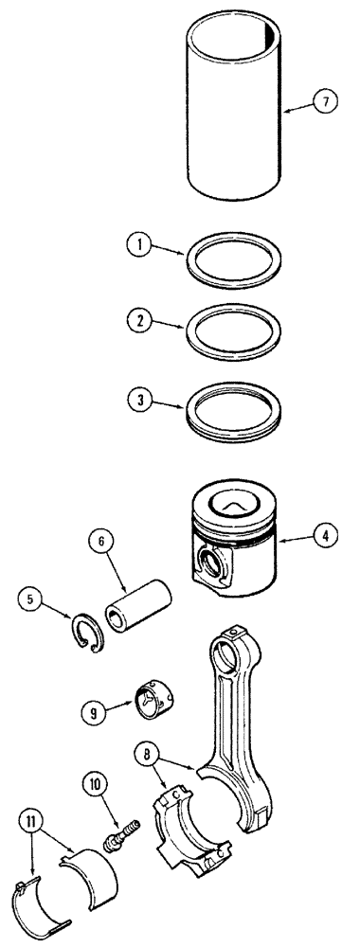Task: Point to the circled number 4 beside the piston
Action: [x=326, y=536]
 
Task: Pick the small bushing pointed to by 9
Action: [x=157, y=696]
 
